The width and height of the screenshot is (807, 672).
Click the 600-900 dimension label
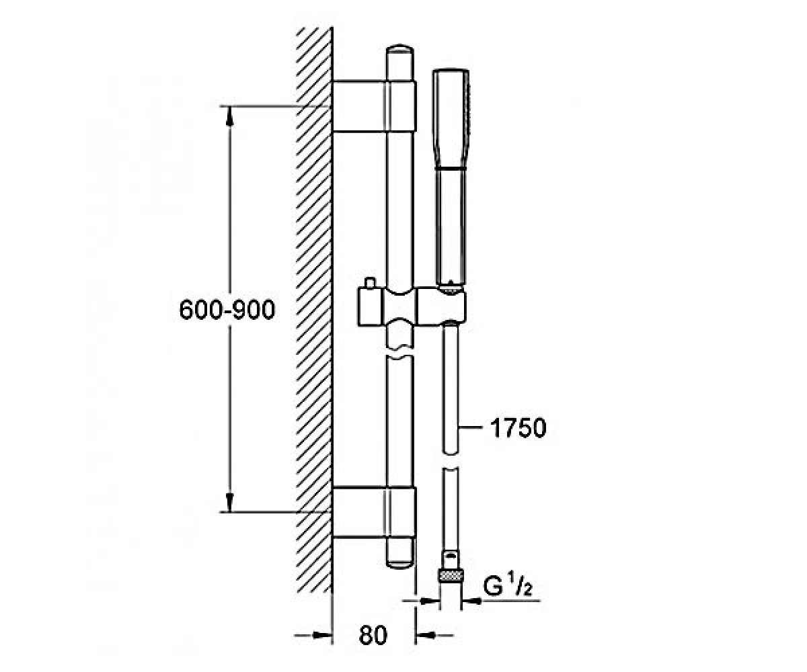(x=227, y=309)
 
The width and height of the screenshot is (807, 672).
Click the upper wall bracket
(x=374, y=106)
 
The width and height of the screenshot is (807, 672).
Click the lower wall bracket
(x=374, y=513)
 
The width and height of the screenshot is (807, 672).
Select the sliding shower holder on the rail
(x=412, y=307)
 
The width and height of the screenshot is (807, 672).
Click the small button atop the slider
(x=370, y=283)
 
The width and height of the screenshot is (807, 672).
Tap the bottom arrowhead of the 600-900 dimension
(x=230, y=503)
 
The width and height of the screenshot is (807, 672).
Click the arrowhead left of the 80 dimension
(x=322, y=634)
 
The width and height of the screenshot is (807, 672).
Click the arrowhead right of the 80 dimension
(x=425, y=634)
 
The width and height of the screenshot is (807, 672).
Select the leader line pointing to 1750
(x=470, y=427)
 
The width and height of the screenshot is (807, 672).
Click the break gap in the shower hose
(x=451, y=460)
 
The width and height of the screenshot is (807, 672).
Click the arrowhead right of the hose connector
(x=471, y=601)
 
